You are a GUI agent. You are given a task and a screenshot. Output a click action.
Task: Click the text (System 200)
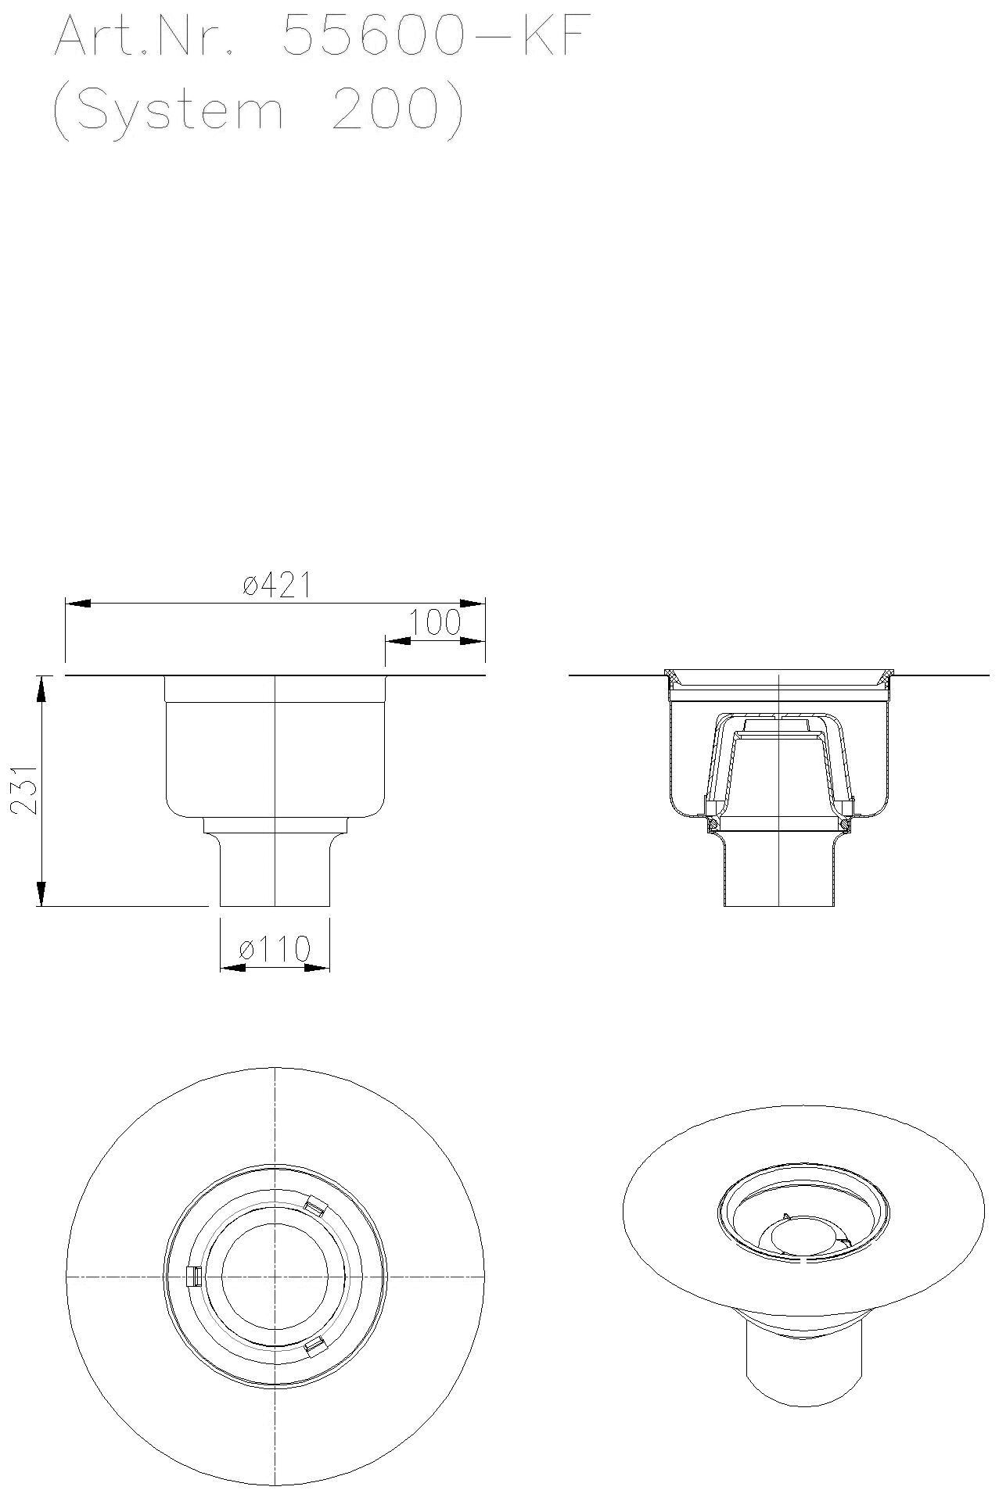258,111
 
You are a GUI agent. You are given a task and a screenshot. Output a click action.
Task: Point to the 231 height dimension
26,790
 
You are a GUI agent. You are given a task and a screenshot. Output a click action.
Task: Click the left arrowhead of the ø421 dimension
78,604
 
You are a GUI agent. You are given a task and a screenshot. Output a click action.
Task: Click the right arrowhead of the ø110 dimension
317,968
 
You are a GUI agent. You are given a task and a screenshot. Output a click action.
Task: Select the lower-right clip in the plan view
314,1345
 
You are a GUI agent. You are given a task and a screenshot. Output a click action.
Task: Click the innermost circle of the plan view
275,1276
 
